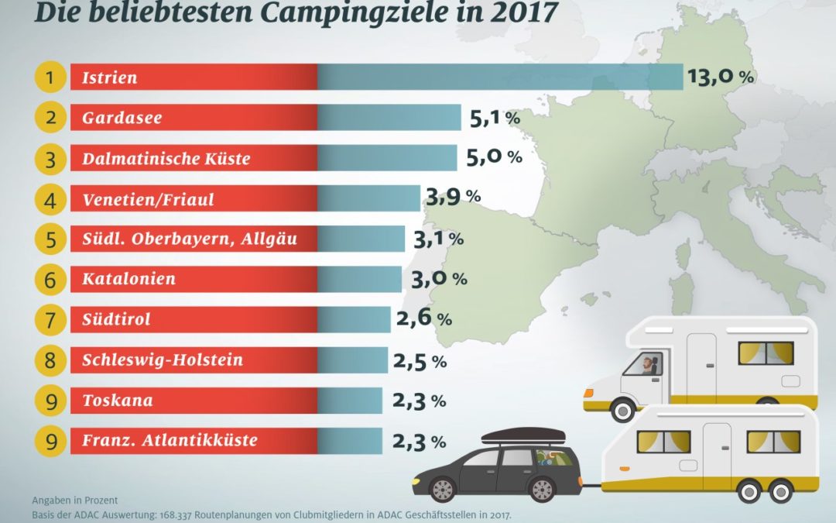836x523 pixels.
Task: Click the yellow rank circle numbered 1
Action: coord(50,77)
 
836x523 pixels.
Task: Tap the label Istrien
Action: coord(109,77)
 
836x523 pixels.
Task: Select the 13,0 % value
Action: coord(720,77)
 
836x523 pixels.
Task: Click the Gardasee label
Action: coord(122,118)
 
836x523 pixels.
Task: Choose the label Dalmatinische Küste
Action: coord(166,158)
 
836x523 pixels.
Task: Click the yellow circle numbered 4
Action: coord(50,199)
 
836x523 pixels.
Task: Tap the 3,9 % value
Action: coord(453,198)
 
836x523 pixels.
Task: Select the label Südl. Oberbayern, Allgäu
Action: coord(190,239)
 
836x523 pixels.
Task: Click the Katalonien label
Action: coord(128,279)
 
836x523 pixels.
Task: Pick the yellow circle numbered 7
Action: coord(50,319)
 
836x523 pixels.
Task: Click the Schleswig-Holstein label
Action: coord(163,360)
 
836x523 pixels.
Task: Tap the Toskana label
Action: coord(117,401)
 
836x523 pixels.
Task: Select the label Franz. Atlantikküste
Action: coord(170,441)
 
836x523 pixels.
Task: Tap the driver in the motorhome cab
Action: coord(648,363)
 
